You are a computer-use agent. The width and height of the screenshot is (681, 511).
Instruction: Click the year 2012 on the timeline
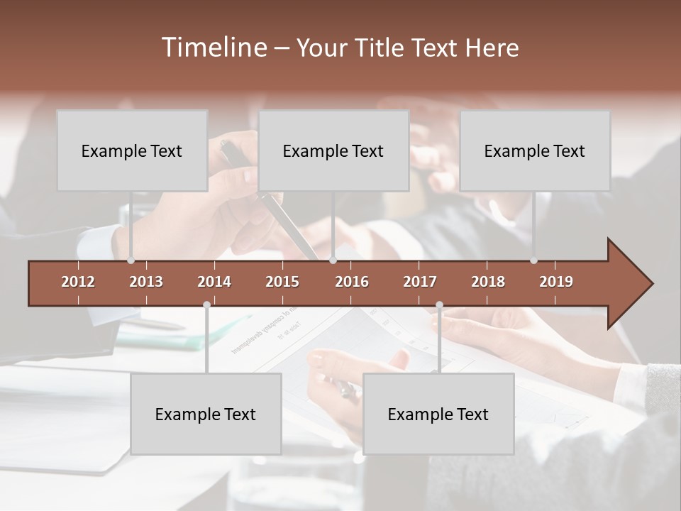coord(78,282)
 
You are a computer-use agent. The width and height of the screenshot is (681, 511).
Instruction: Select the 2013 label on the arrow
coord(146,282)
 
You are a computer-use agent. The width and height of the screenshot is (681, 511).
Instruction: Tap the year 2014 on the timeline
coord(214,282)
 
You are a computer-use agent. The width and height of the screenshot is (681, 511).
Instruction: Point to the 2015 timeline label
coord(282,282)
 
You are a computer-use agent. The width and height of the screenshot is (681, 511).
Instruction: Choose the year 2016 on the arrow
coord(352,282)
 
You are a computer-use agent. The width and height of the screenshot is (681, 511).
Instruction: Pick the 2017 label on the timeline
coord(420,282)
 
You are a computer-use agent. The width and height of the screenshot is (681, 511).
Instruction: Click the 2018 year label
coord(488,282)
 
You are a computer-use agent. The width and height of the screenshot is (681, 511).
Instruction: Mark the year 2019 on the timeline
coord(556,282)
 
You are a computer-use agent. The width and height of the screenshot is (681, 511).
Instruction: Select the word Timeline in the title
coord(214,48)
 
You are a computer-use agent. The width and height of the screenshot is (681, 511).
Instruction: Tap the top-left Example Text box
coord(132,151)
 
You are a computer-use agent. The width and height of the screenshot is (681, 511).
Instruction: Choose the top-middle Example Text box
coord(333,151)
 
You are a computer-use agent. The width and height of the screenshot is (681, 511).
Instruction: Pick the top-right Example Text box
coord(535,151)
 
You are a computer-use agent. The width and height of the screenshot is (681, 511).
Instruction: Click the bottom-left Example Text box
coord(206,414)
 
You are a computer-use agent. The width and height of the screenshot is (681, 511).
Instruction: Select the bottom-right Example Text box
coord(438,414)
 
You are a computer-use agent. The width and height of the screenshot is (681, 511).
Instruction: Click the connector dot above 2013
coord(131,260)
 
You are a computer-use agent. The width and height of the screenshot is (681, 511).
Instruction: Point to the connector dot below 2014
coord(206,304)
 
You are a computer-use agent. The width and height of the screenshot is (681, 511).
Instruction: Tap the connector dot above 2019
coord(533,260)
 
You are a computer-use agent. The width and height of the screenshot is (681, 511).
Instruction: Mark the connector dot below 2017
coord(439,304)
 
